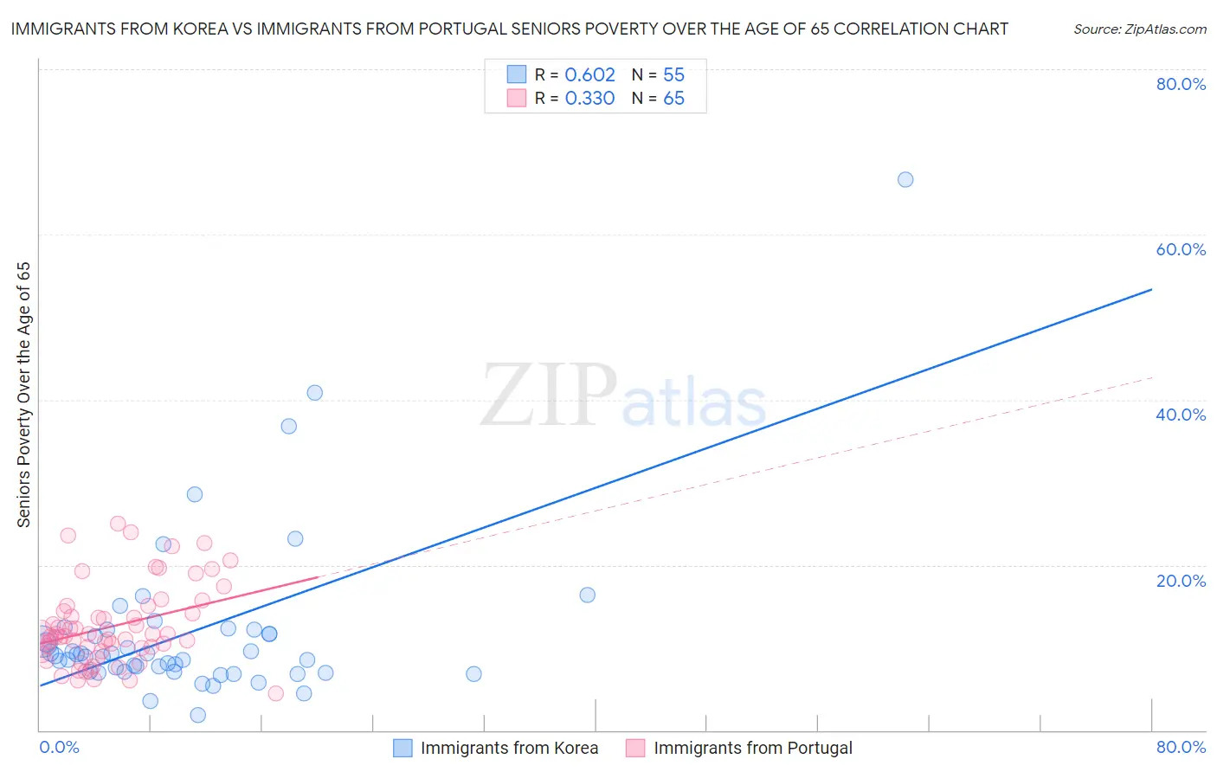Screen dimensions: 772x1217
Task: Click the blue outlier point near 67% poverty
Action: tap(905, 180)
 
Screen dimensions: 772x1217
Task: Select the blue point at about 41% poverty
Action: tap(315, 393)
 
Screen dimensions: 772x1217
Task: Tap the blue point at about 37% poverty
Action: tap(289, 426)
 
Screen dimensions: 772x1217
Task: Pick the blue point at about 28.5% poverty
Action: tap(195, 494)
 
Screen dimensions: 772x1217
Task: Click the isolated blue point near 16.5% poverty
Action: tap(588, 595)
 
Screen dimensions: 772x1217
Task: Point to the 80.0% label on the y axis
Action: tap(1181, 84)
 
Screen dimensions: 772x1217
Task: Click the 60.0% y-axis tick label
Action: tap(1181, 249)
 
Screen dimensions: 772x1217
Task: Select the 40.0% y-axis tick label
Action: tap(1181, 415)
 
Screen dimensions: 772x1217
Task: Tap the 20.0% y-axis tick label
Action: tap(1181, 581)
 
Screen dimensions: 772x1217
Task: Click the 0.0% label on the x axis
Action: tap(59, 747)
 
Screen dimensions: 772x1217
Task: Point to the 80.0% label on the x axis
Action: tap(1181, 747)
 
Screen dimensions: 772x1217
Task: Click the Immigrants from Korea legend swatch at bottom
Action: tap(402, 748)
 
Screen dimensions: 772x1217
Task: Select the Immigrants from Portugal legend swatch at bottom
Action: tap(636, 748)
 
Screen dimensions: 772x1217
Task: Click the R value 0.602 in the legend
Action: tap(589, 75)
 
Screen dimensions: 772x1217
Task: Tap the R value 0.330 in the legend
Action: tap(589, 99)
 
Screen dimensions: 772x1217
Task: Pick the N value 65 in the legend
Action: tap(673, 99)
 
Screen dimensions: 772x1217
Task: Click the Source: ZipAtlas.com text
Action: tap(1139, 29)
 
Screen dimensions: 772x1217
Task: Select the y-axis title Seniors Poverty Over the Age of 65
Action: tap(24, 394)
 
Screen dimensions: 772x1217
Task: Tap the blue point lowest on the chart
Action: tap(198, 715)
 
